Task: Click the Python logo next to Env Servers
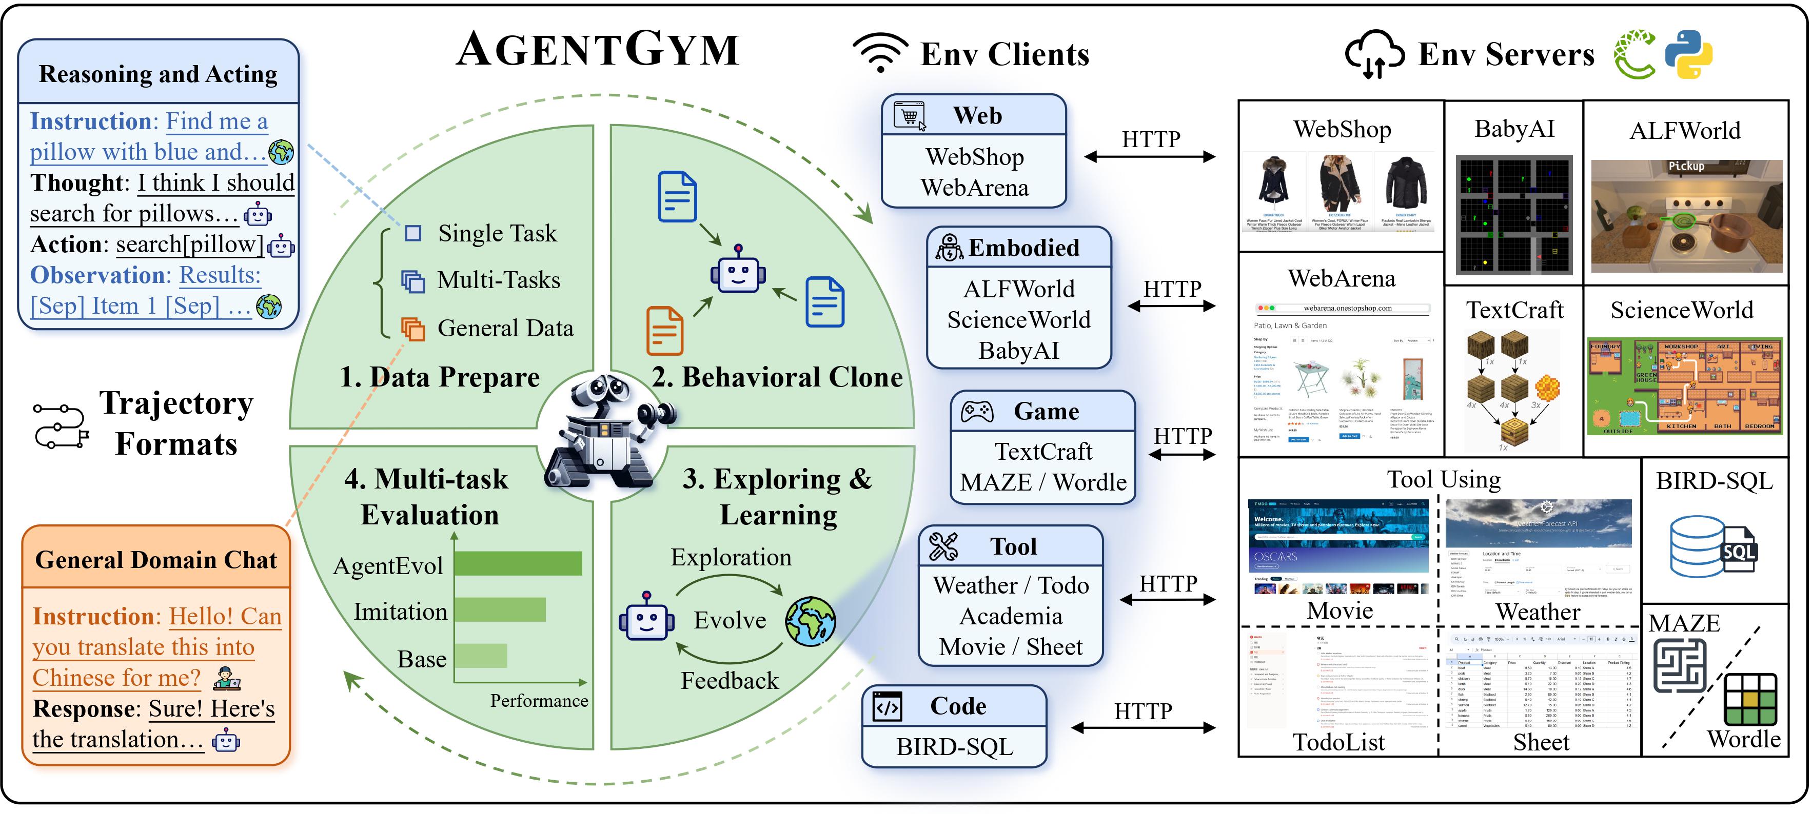pyautogui.click(x=1688, y=54)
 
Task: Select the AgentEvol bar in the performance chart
pyautogui.click(x=519, y=564)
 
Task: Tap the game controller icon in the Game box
pyautogui.click(x=977, y=411)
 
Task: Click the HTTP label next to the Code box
pyautogui.click(x=1143, y=711)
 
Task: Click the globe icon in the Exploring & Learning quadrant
pyautogui.click(x=811, y=621)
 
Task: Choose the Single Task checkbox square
pyautogui.click(x=413, y=233)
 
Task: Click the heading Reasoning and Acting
pyautogui.click(x=159, y=73)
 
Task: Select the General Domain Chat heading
pyautogui.click(x=156, y=560)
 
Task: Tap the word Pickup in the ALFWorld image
pyautogui.click(x=1686, y=166)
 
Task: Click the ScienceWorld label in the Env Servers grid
pyautogui.click(x=1681, y=310)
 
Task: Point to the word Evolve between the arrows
pyautogui.click(x=730, y=620)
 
